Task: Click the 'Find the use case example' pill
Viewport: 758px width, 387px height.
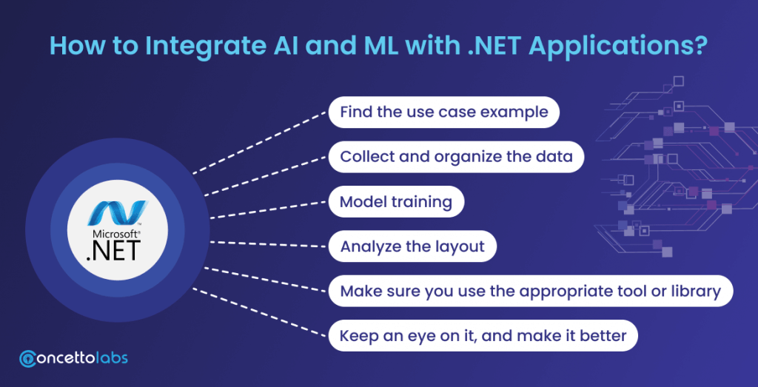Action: (444, 112)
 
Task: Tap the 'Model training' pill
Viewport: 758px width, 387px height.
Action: (396, 202)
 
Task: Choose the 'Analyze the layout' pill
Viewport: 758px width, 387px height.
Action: (412, 246)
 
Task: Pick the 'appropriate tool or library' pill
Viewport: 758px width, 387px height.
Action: (530, 291)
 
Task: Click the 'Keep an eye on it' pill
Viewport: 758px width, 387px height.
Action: (483, 336)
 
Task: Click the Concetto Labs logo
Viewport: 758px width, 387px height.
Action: (74, 358)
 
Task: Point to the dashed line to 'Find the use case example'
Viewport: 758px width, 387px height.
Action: (259, 144)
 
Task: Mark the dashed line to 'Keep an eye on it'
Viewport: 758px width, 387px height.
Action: (259, 310)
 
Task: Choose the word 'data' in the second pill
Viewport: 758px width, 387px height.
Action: (565, 157)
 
